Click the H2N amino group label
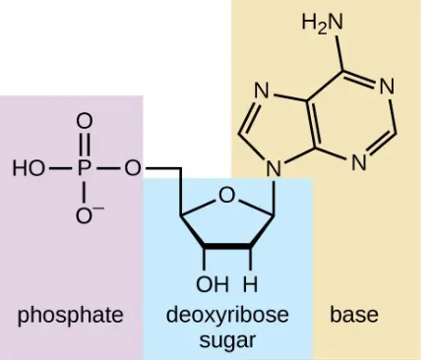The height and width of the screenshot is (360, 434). [x=322, y=23]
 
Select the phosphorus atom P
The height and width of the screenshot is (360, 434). [x=85, y=169]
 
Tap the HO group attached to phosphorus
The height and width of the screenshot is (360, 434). [x=29, y=169]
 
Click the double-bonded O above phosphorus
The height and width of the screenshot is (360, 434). [x=85, y=121]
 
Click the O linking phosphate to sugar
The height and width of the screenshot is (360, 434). [x=133, y=169]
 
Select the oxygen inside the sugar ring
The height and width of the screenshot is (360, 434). [x=226, y=196]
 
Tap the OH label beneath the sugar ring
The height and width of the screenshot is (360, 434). [x=213, y=284]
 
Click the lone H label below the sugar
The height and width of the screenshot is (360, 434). [x=250, y=284]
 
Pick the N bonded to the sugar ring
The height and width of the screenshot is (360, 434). [x=274, y=169]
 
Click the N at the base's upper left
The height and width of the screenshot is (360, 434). [x=262, y=90]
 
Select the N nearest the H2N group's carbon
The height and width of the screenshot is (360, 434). [x=387, y=88]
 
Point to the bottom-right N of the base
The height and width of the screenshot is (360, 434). [x=359, y=162]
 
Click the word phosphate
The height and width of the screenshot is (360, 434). [x=71, y=316]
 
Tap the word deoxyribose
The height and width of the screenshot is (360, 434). [x=227, y=315]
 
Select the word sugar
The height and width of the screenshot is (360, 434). [x=227, y=341]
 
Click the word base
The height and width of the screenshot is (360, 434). [x=354, y=315]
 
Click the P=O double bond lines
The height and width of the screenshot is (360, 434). [x=85, y=145]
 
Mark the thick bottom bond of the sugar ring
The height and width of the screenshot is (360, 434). [x=227, y=246]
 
